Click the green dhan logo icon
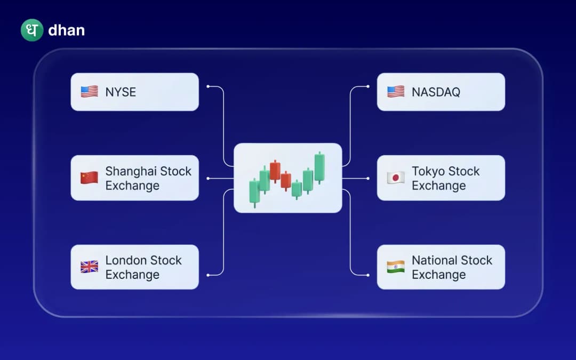click(x=31, y=30)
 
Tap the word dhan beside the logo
click(x=66, y=30)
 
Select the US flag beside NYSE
click(x=89, y=92)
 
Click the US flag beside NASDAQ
click(x=396, y=92)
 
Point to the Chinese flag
click(x=89, y=178)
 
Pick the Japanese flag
click(x=396, y=178)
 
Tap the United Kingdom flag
click(x=89, y=267)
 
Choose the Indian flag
click(x=396, y=267)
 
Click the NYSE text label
click(x=121, y=92)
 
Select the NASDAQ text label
click(x=436, y=92)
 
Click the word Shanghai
click(x=130, y=171)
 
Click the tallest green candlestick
click(x=319, y=167)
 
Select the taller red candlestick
click(x=275, y=171)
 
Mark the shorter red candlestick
click(x=286, y=181)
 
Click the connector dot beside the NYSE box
click(x=207, y=86)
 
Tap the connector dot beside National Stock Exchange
click(x=368, y=275)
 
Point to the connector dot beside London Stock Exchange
click(x=207, y=275)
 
